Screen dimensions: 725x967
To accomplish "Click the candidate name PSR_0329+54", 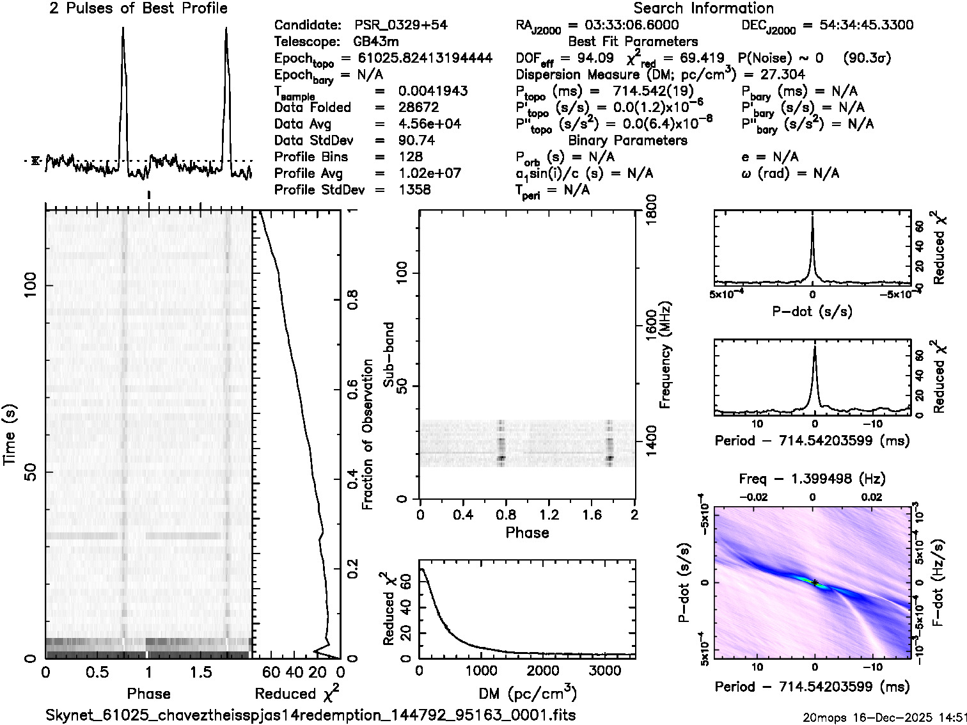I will tap(401, 25).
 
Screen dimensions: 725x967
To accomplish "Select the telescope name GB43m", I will tap(378, 42).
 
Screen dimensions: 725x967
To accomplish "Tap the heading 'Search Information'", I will tap(704, 8).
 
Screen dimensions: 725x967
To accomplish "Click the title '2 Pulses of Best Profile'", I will tap(138, 8).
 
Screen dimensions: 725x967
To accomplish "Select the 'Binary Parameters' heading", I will tap(628, 140).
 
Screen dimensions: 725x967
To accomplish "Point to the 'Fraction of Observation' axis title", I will tap(367, 434).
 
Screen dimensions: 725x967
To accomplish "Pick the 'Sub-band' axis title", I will tap(388, 354).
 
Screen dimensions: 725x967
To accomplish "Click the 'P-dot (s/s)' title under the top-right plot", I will tap(812, 312).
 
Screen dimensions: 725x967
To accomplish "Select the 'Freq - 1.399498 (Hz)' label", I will tap(812, 479).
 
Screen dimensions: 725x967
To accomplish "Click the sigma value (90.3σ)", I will tap(867, 58).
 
